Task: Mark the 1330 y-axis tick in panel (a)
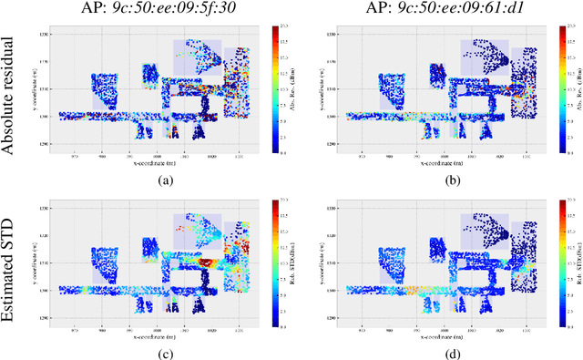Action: tap(42, 33)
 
